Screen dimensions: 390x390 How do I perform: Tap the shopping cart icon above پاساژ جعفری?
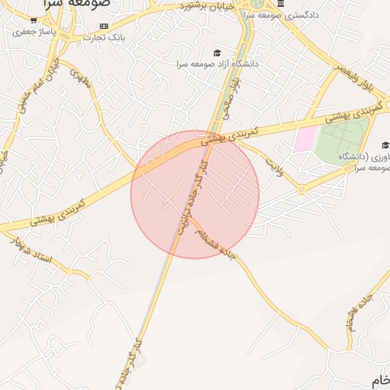click(34, 21)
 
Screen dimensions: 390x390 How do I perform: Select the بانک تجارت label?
click(104, 37)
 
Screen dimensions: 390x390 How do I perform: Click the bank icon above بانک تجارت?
click(104, 25)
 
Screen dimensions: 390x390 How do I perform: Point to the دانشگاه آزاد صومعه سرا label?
click(218, 64)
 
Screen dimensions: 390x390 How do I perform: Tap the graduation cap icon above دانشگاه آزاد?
click(217, 53)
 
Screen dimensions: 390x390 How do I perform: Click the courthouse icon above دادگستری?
click(281, 4)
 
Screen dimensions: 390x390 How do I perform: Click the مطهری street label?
click(79, 78)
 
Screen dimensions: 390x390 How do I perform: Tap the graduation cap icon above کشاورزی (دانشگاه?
click(385, 145)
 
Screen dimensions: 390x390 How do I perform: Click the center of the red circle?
click(195, 194)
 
